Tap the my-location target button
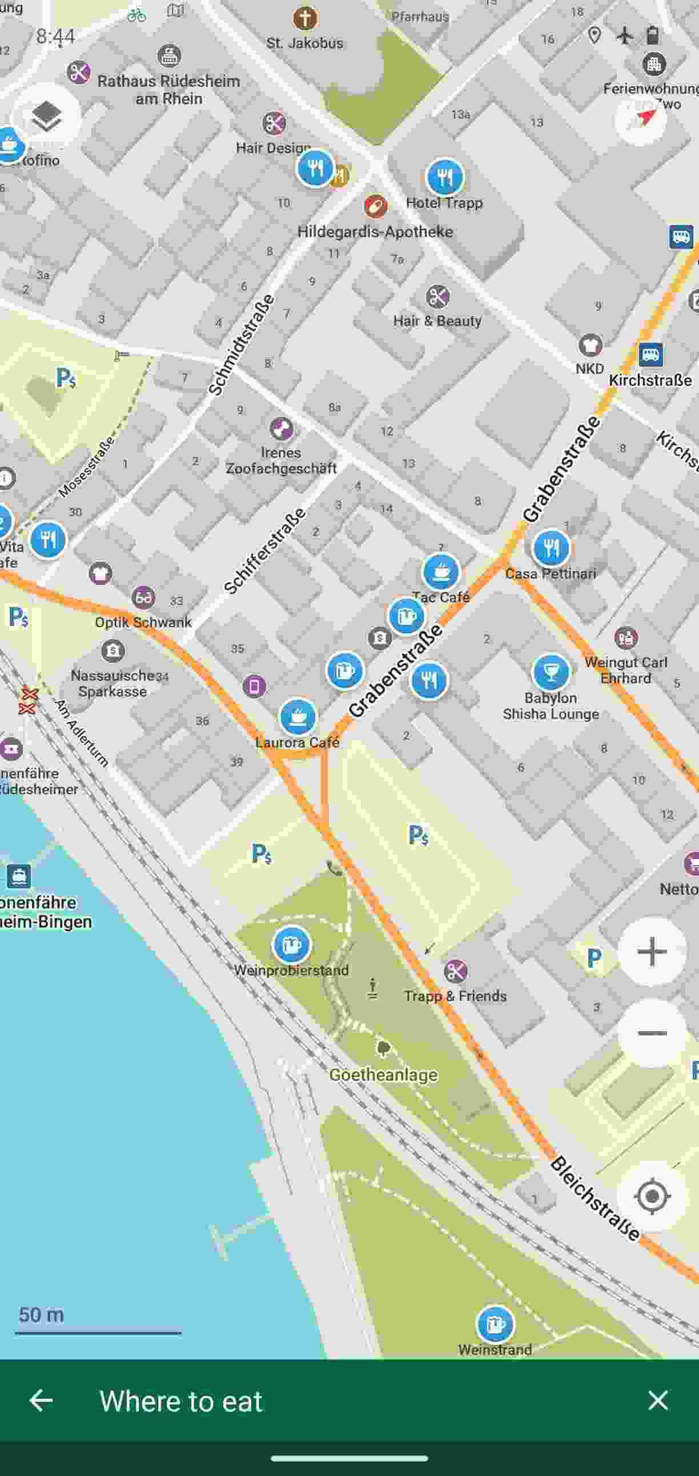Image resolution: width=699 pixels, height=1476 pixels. point(652,1196)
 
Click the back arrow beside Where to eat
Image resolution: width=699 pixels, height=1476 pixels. point(41,1401)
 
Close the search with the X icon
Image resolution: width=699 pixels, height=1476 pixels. point(658,1401)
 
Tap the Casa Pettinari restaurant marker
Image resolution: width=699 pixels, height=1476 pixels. point(551,548)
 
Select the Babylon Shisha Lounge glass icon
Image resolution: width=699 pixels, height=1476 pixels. point(551,672)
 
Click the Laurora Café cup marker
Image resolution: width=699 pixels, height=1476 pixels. point(298,716)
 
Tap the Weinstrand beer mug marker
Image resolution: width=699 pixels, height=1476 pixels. point(495,1324)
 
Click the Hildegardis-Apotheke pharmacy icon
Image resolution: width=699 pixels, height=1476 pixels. point(375,206)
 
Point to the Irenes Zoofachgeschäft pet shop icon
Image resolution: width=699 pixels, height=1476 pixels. point(281,428)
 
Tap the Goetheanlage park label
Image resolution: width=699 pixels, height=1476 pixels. point(383,1075)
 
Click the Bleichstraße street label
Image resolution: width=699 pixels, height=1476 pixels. point(594,1198)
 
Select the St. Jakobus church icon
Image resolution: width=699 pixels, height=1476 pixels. point(305,18)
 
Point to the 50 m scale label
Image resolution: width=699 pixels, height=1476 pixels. point(41,1314)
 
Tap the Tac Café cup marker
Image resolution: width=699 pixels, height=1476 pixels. point(441,571)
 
